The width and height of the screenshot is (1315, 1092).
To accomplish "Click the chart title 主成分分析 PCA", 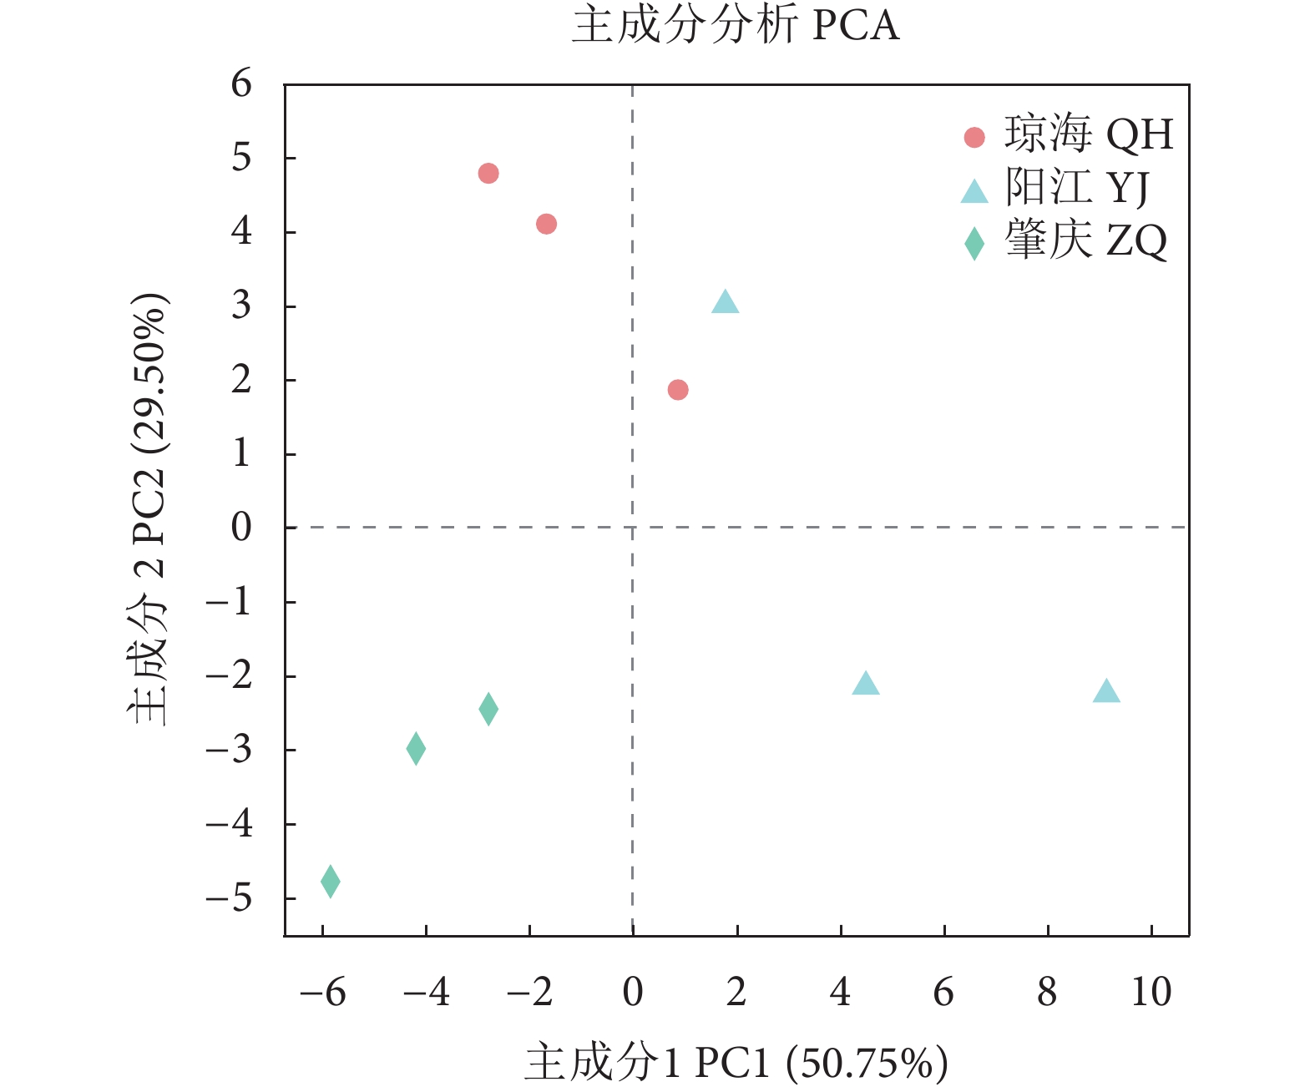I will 735,25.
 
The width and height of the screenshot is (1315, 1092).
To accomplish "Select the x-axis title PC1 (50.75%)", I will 736,1063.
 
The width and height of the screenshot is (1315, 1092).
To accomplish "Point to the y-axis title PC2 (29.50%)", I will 149,509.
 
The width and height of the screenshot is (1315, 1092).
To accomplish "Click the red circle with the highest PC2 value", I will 488,174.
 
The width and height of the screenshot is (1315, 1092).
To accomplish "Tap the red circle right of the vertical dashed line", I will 678,390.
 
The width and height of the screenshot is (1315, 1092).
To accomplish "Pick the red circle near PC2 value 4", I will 546,224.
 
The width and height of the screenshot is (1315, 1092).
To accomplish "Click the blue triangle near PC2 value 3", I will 725,303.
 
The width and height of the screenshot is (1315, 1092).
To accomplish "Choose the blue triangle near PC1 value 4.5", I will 866,685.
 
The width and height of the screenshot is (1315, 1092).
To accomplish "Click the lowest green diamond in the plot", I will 331,881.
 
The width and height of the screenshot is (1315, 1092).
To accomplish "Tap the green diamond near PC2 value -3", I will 416,748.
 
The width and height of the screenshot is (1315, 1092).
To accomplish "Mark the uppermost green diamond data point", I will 488,709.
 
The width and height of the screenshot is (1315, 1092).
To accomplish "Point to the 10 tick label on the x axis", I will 1151,993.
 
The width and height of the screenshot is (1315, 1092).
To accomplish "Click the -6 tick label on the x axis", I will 322,993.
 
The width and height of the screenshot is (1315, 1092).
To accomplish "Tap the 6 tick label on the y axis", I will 241,83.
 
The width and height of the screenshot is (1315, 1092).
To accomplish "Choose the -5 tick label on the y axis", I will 229,898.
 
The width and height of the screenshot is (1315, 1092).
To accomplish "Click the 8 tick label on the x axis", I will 1047,993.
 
